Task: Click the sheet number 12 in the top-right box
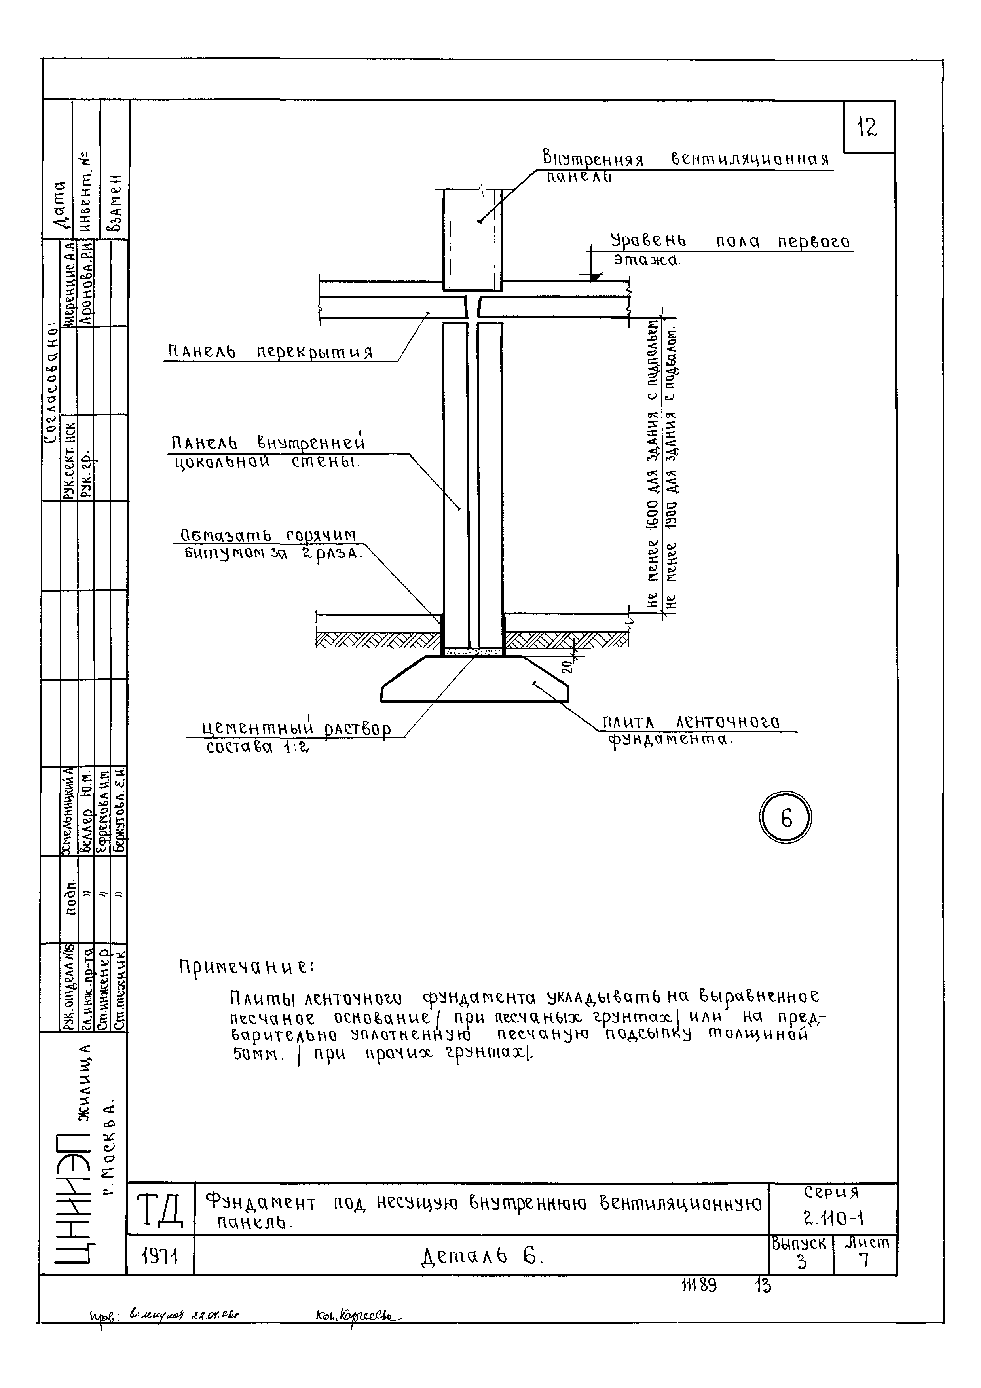pyautogui.click(x=867, y=127)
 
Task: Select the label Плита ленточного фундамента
pyautogui.click(x=692, y=730)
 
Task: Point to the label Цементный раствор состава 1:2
pyautogui.click(x=296, y=738)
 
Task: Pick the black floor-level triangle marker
pyautogui.click(x=596, y=276)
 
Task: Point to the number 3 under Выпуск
pyautogui.click(x=801, y=1262)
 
